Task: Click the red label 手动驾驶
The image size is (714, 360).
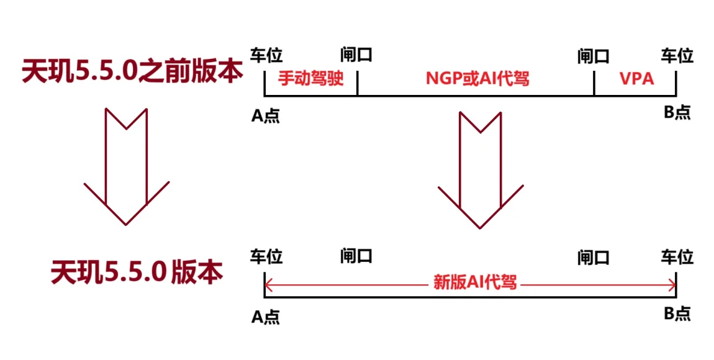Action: click(x=310, y=79)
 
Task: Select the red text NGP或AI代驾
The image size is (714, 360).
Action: click(x=477, y=79)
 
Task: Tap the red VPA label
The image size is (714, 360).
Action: click(x=636, y=79)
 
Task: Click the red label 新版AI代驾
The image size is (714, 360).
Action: click(x=475, y=283)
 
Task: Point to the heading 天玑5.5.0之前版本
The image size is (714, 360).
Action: click(x=132, y=71)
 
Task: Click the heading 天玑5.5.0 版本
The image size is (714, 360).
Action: click(x=137, y=271)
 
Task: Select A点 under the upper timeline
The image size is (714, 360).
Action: click(x=266, y=115)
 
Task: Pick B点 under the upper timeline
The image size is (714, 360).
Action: click(x=676, y=112)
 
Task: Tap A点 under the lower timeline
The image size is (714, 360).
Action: click(x=266, y=317)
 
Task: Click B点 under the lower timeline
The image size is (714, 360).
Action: click(x=676, y=313)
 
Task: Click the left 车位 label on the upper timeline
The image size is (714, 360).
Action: click(x=266, y=56)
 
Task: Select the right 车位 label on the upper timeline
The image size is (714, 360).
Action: click(x=677, y=56)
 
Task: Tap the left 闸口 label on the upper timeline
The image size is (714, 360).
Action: click(x=356, y=56)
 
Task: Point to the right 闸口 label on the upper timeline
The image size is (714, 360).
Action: click(x=593, y=56)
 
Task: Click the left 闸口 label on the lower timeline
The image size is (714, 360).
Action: click(x=356, y=256)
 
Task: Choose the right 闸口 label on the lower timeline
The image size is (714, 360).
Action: click(x=593, y=256)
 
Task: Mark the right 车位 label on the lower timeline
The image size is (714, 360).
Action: click(x=677, y=256)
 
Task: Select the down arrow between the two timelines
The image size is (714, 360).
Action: click(x=480, y=171)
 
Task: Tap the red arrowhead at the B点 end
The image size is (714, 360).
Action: click(x=672, y=284)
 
